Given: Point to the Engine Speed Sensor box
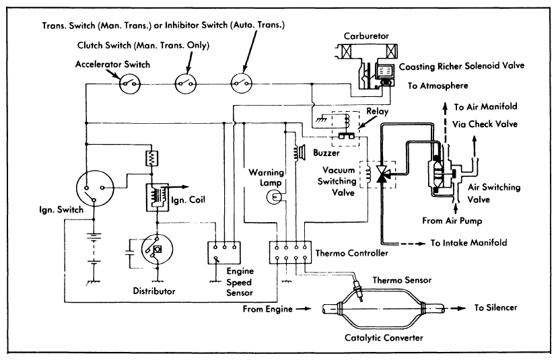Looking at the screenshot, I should click(x=225, y=251).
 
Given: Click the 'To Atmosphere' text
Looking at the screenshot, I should click(x=438, y=86).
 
